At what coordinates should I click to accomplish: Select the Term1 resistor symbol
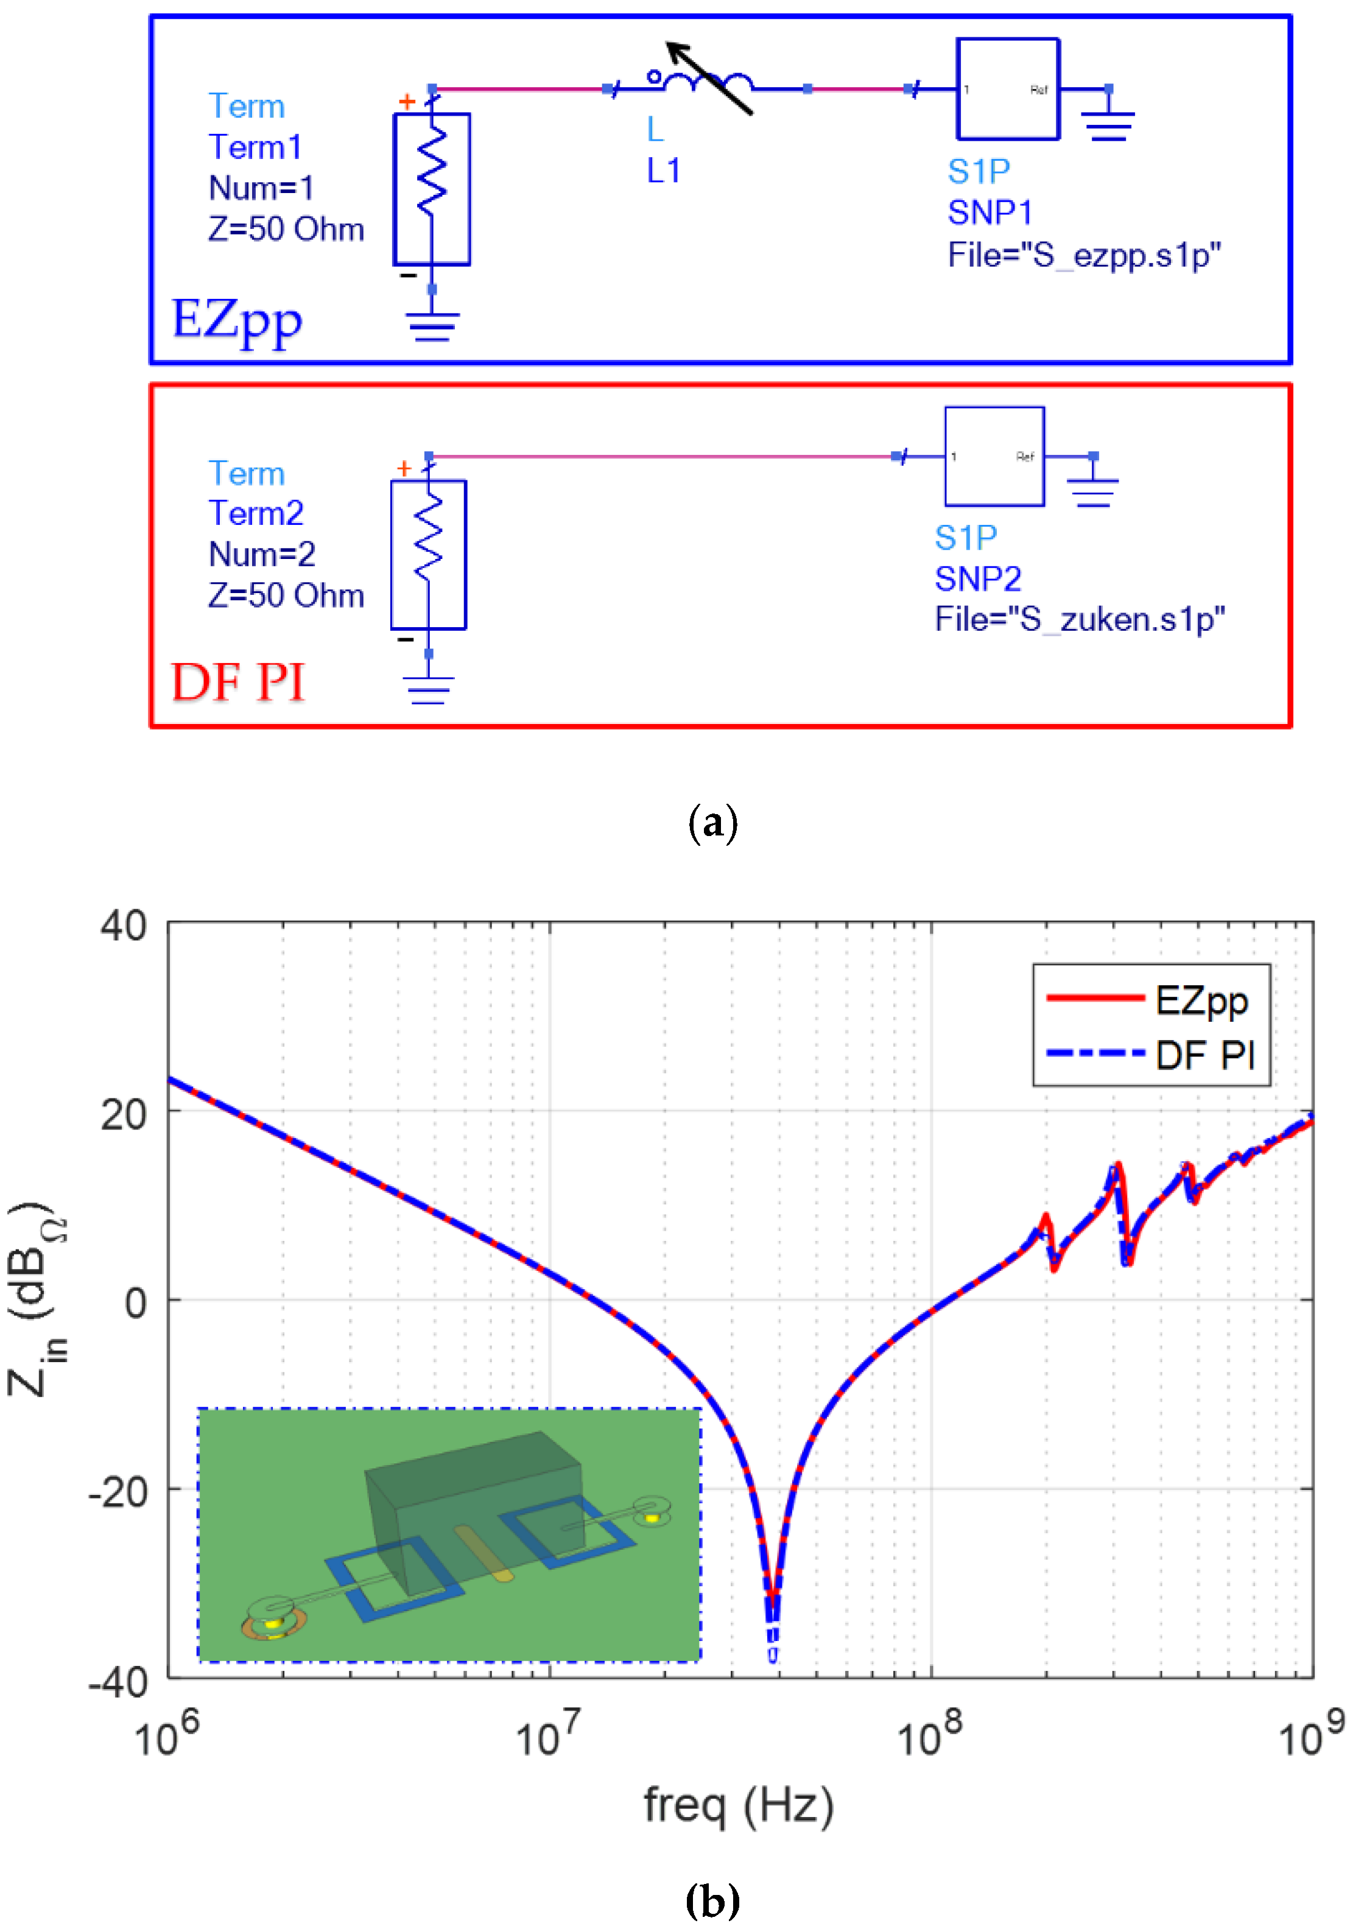pos(431,189)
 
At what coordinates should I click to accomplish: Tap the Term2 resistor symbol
pos(428,554)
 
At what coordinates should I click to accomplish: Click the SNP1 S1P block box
pos(1008,89)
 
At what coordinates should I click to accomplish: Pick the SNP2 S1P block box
pos(994,456)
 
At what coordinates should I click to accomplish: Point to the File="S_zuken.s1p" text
pos(1080,619)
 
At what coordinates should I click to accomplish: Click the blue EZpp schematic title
pos(237,320)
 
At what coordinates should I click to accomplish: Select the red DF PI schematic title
pos(237,681)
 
